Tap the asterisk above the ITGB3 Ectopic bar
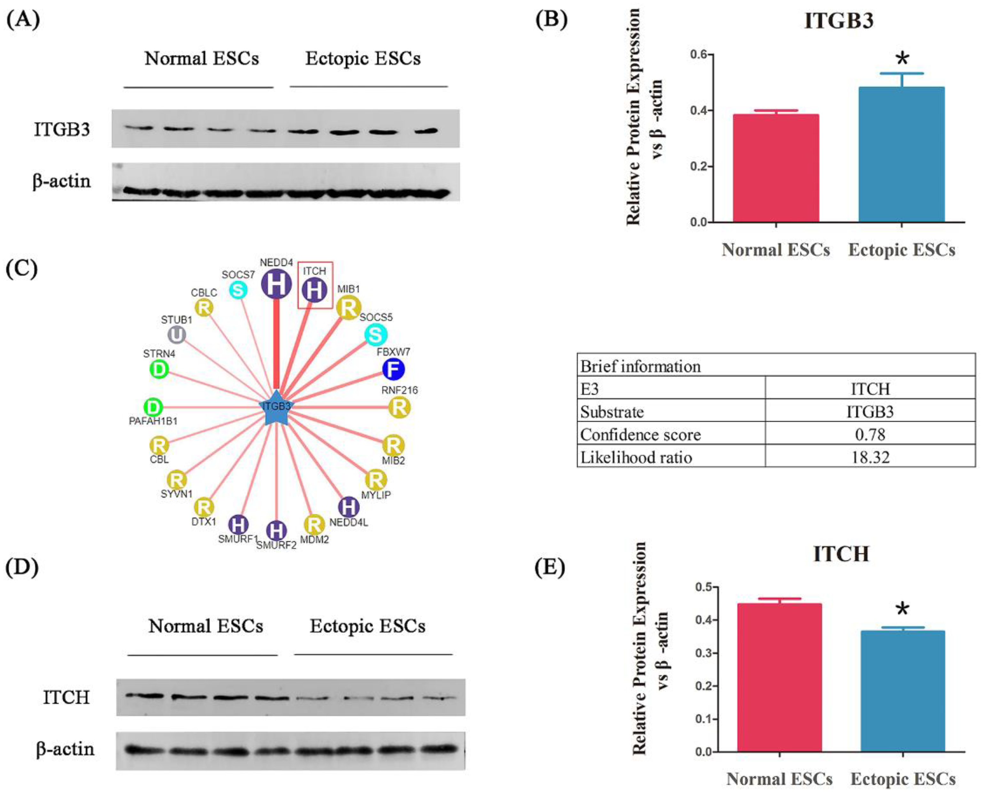click(902, 59)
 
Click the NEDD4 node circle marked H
click(276, 284)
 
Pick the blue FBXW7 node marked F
click(393, 369)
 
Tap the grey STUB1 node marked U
click(177, 335)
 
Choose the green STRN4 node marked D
click(159, 369)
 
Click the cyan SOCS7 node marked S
click(238, 290)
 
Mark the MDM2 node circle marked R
click(314, 524)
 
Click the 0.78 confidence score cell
click(870, 434)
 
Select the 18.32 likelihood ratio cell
click(870, 457)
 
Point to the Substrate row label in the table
click(612, 411)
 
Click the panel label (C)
click(21, 269)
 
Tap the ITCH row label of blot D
click(66, 697)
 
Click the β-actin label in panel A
click(61, 181)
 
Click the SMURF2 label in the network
click(276, 545)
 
